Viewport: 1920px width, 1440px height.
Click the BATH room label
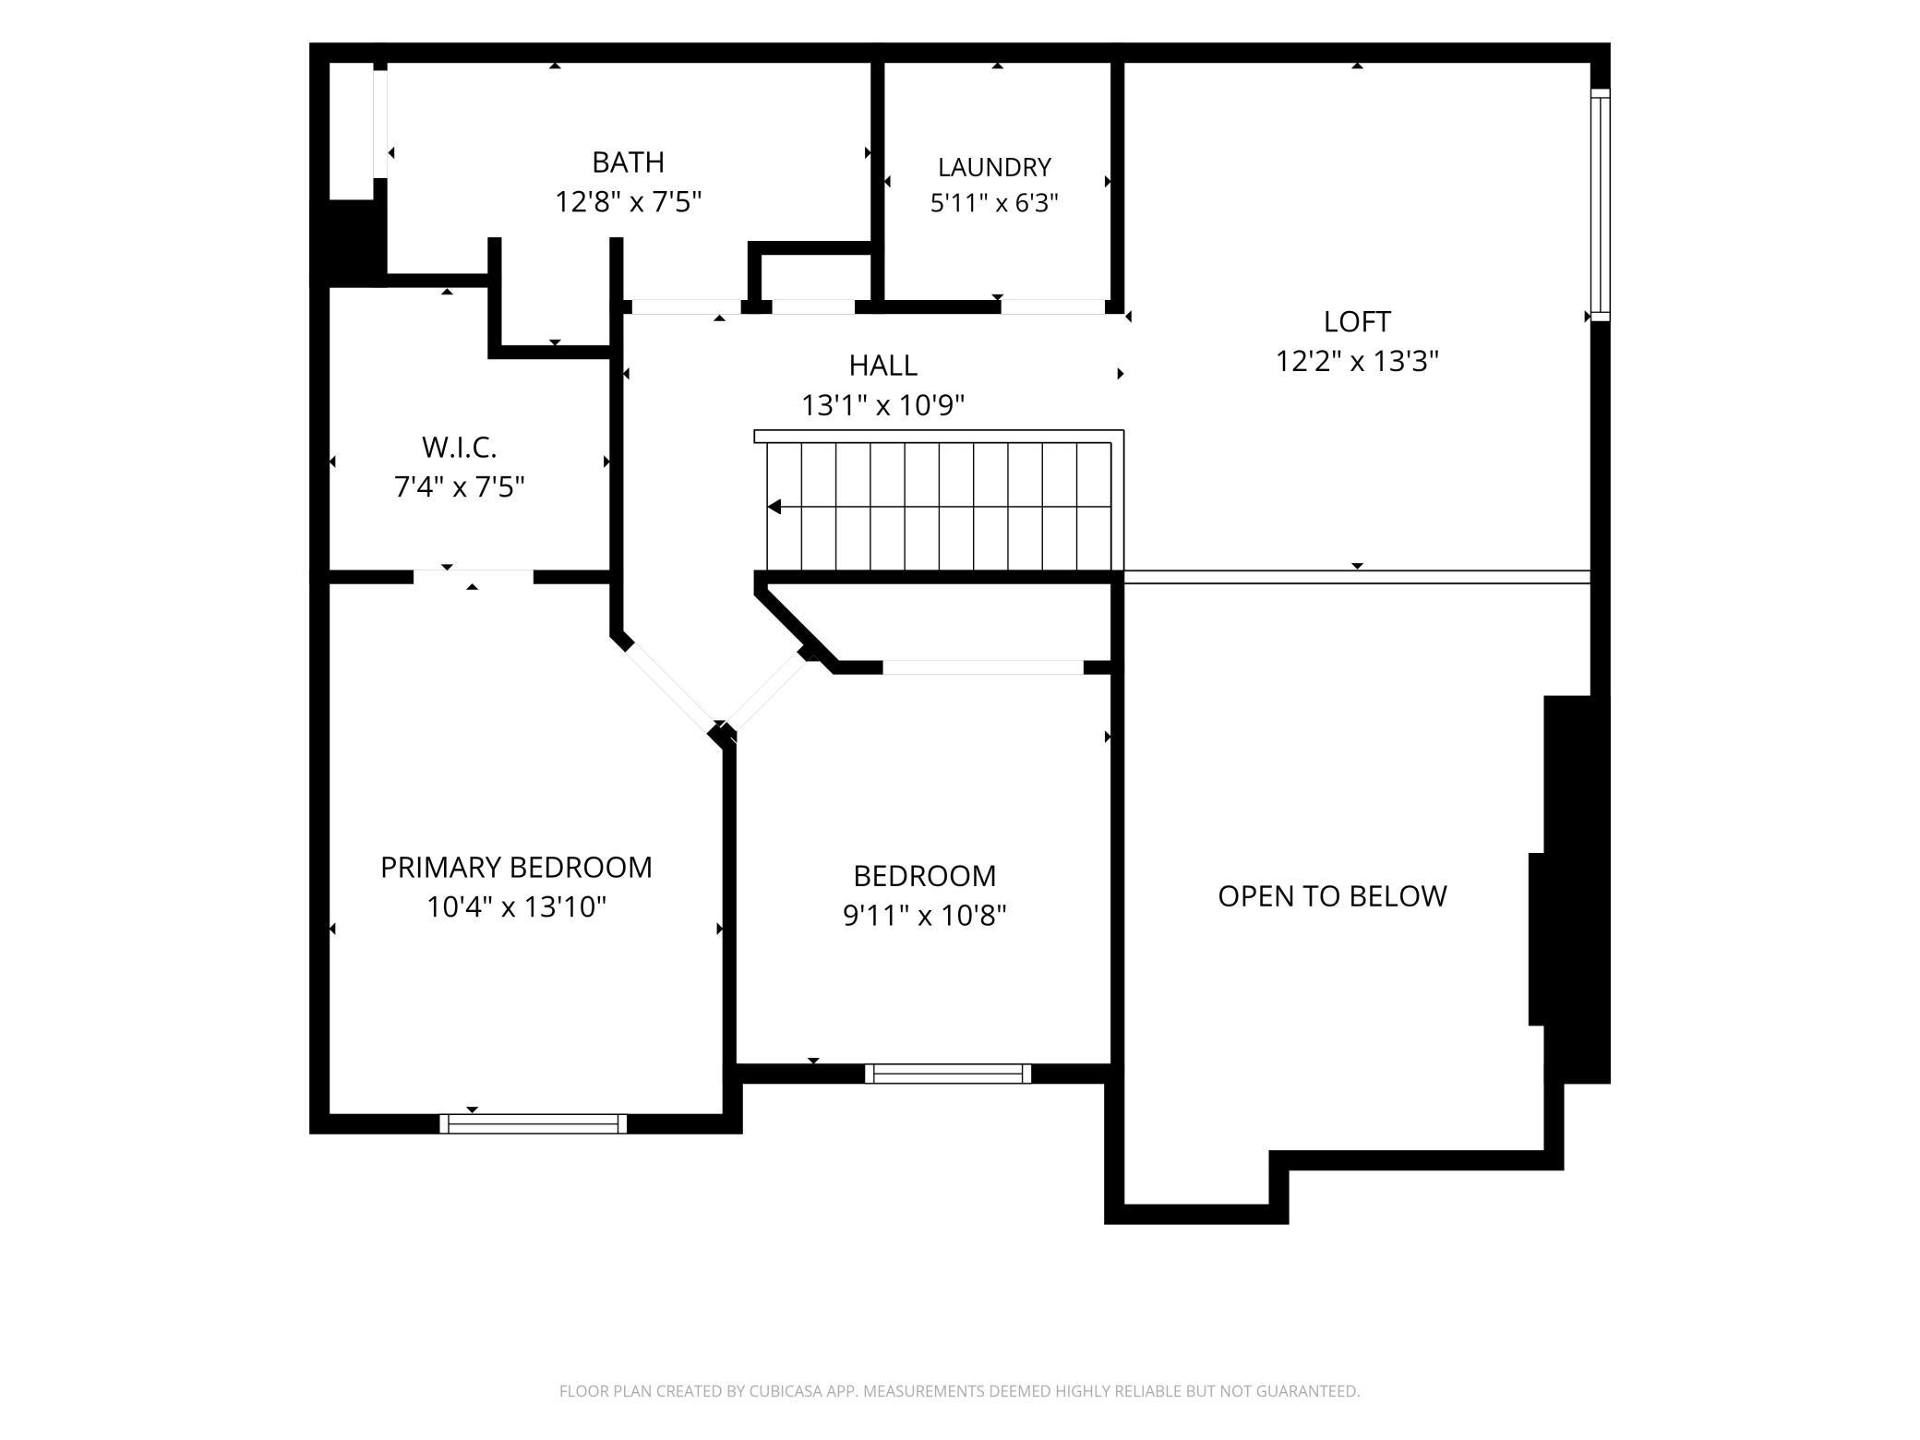coord(628,162)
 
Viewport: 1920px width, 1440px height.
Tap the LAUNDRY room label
coord(994,167)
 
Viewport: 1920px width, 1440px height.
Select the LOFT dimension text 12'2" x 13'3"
coord(1357,361)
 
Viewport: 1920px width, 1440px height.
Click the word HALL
coord(883,366)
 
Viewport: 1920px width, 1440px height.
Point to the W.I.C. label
coord(460,448)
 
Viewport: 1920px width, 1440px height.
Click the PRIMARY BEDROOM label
coord(516,868)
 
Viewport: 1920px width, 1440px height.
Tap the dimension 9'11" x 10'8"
coord(924,916)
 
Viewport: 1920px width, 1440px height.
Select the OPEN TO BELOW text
coord(1332,896)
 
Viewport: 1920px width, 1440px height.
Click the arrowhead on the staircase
coord(774,507)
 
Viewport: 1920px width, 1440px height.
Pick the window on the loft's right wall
coord(1601,205)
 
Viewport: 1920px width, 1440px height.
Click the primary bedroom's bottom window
coord(534,1123)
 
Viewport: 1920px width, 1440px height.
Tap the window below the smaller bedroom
coord(948,1074)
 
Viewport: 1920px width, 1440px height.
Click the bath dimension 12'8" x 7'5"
coord(628,202)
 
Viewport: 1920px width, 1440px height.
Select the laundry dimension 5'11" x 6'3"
coord(994,203)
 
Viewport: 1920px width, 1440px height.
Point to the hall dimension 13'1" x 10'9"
coord(883,405)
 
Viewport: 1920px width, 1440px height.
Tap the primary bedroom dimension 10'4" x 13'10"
coord(516,907)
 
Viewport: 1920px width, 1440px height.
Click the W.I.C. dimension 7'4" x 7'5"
coord(460,487)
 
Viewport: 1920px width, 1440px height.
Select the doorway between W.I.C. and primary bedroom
coord(474,577)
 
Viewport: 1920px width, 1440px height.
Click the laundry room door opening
coord(1053,306)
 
